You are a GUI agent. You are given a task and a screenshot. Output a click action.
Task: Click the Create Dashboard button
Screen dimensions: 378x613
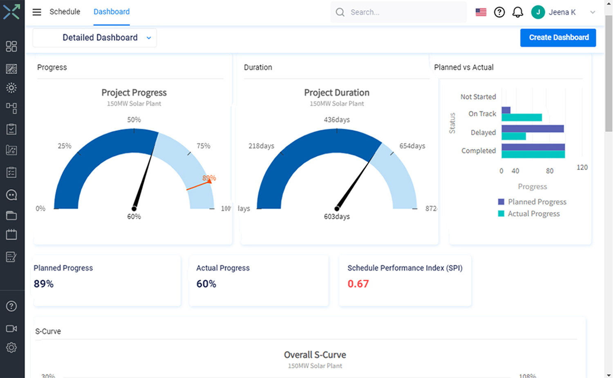[x=558, y=38]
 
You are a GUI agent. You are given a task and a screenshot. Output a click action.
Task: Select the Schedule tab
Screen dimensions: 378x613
[x=65, y=12]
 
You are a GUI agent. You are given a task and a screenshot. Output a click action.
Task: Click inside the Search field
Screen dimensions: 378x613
[x=405, y=12]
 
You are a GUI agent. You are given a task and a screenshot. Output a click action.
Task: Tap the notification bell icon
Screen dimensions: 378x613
[x=518, y=12]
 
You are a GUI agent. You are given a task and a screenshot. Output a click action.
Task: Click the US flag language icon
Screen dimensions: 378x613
[x=481, y=12]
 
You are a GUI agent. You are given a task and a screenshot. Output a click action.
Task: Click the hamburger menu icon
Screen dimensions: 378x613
[x=37, y=12]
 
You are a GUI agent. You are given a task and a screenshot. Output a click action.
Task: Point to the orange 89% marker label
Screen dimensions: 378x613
[x=209, y=178]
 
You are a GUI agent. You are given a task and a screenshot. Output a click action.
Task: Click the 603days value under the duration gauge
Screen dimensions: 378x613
[x=337, y=216]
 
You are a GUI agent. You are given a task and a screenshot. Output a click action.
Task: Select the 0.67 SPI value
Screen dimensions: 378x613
[x=358, y=284]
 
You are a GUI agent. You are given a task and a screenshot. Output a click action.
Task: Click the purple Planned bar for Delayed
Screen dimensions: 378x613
[x=532, y=128]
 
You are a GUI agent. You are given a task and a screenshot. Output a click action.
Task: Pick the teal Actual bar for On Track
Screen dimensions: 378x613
[x=521, y=117]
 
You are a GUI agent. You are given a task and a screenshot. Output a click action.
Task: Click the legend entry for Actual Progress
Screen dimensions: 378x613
[x=533, y=214]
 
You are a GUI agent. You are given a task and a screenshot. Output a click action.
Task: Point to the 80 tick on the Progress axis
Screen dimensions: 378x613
[x=550, y=171]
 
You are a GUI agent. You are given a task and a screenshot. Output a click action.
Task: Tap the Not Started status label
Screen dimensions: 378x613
[x=478, y=97]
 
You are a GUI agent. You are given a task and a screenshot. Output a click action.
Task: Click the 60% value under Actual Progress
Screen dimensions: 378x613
[x=206, y=284]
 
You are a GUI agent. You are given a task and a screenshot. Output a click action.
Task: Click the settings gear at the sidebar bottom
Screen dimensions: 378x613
[x=11, y=347]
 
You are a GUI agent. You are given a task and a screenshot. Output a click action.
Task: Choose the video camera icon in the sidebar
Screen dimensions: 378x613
[x=11, y=328]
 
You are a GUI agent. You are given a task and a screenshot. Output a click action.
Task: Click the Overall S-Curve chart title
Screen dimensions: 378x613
[x=315, y=355]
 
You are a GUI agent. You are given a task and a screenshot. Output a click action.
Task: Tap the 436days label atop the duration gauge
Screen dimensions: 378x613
[x=337, y=120]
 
